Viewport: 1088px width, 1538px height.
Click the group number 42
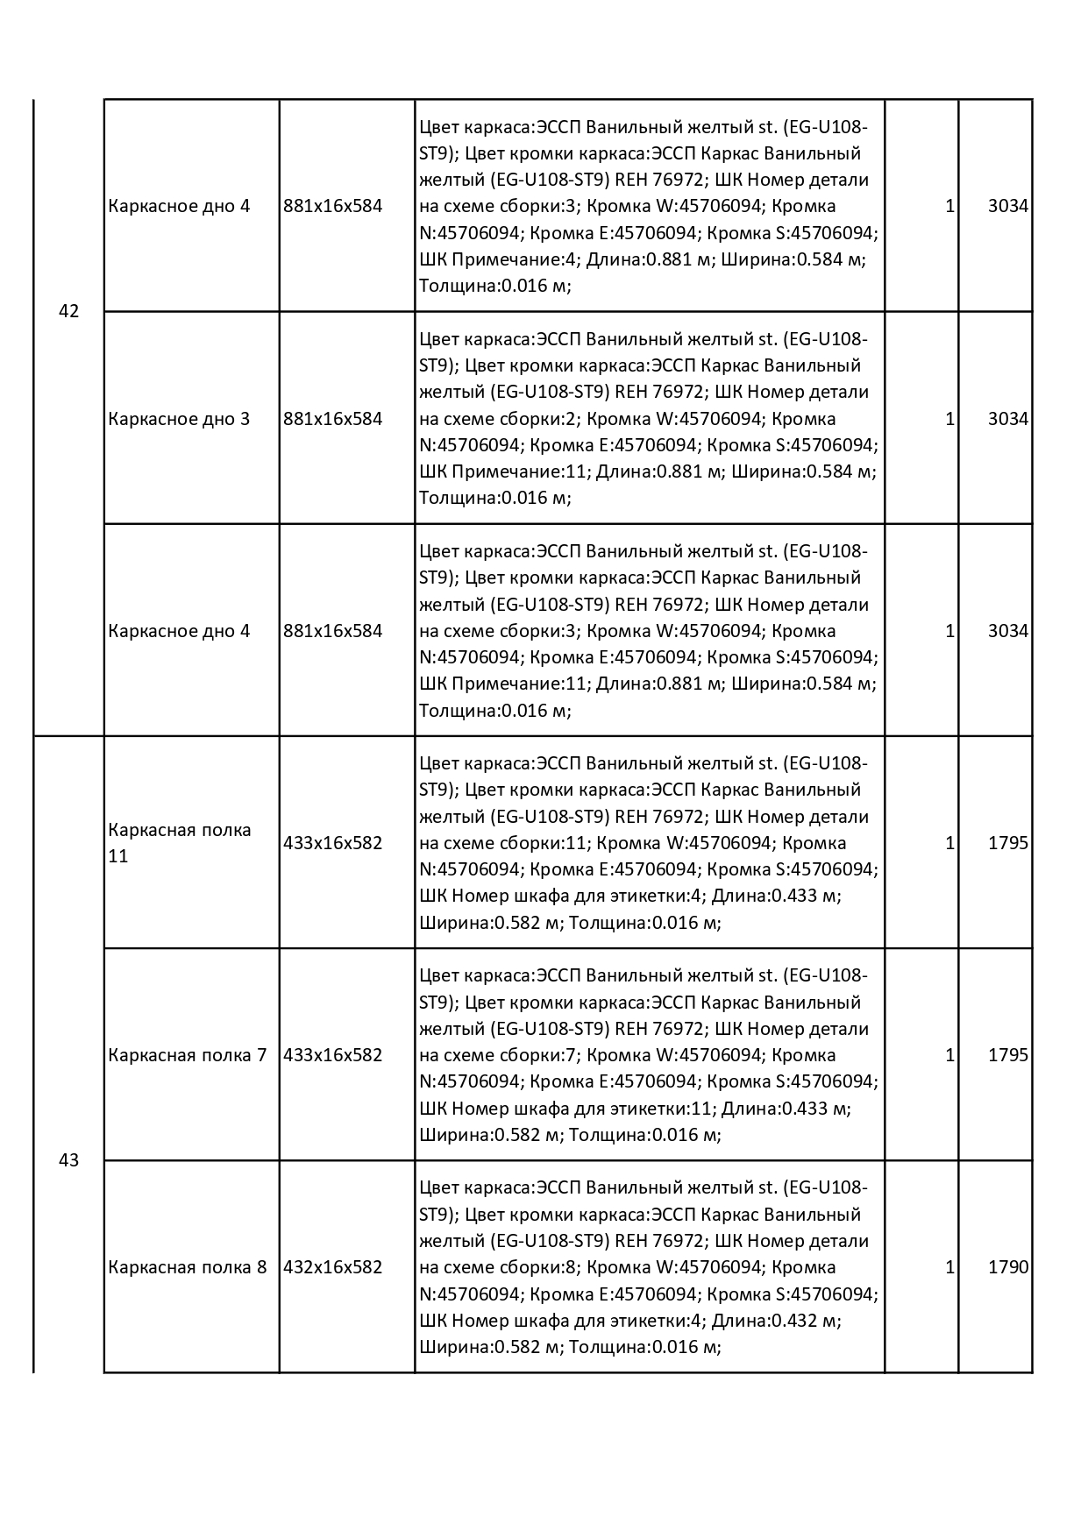68,311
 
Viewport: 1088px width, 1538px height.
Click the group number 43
68,1160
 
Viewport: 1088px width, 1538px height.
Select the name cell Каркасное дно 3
179,419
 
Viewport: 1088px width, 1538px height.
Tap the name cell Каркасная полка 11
180,843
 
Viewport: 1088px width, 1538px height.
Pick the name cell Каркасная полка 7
188,1055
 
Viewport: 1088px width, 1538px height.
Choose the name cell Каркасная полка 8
188,1267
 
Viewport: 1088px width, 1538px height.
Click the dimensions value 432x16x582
333,1267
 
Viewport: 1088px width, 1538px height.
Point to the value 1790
1007,1267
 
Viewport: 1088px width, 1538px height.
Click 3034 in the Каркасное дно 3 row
1007,419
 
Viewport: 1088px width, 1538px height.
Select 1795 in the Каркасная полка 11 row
1007,843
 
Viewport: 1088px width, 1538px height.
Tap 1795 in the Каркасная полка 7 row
1007,1055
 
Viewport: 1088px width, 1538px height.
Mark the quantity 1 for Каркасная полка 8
949,1267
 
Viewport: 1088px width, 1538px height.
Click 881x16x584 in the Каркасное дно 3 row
333,419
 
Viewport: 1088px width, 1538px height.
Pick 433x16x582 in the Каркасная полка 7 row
333,1055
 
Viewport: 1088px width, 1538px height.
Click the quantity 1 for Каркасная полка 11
949,843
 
